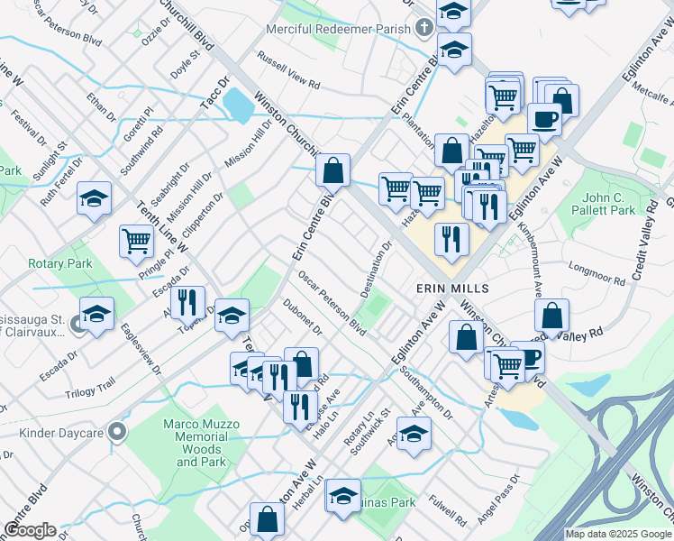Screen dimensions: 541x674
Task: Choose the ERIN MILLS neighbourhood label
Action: (x=451, y=289)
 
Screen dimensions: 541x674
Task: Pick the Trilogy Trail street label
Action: (x=90, y=389)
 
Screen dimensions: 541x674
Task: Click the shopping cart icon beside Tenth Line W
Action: (x=136, y=242)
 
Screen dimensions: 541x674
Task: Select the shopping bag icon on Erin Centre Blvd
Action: (x=332, y=170)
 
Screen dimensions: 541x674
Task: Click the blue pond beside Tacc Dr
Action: (x=238, y=106)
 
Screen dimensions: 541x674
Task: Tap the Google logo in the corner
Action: (x=30, y=530)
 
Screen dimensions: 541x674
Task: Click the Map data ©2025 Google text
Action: (x=618, y=534)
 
